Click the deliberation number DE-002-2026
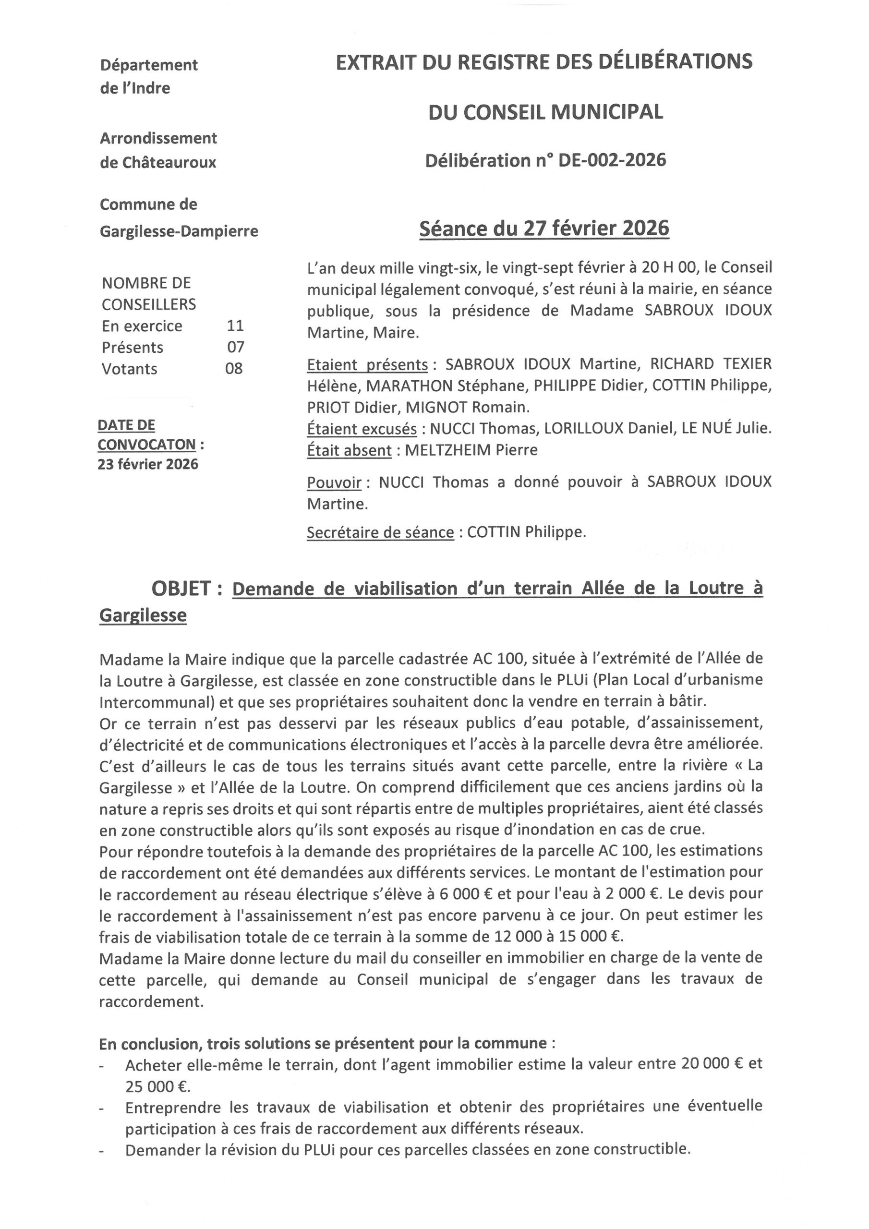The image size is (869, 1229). click(x=612, y=160)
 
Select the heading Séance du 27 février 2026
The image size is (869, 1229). click(x=544, y=229)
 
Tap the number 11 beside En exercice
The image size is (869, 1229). click(x=235, y=325)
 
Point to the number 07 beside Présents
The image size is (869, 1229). click(x=236, y=347)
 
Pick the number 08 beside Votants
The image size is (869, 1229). click(x=234, y=368)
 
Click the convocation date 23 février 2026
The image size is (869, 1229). click(x=148, y=464)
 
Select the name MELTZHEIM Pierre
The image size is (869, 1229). click(x=471, y=450)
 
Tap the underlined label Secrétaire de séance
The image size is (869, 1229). click(x=380, y=532)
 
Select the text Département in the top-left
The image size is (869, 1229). click(x=149, y=65)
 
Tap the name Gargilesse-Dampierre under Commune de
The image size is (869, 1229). click(x=179, y=231)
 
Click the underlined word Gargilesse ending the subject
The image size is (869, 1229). click(x=143, y=615)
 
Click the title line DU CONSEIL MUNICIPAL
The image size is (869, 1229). click(x=545, y=112)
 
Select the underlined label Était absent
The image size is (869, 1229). click(x=349, y=450)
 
